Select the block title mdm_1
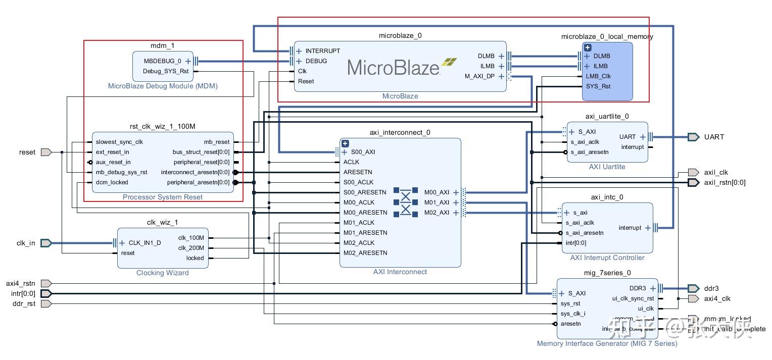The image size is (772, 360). [163, 46]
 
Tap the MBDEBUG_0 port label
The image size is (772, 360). [162, 61]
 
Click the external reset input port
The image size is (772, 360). [46, 152]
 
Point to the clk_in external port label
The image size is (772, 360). [26, 243]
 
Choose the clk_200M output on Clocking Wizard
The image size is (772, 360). [191, 248]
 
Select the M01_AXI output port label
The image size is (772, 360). [437, 202]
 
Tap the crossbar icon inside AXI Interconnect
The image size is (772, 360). [406, 202]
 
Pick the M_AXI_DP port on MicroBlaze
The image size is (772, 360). [479, 76]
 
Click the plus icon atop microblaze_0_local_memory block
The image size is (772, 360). [587, 47]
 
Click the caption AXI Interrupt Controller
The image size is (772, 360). [607, 258]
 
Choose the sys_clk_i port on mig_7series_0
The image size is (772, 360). [573, 314]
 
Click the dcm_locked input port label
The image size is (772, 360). [112, 182]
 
